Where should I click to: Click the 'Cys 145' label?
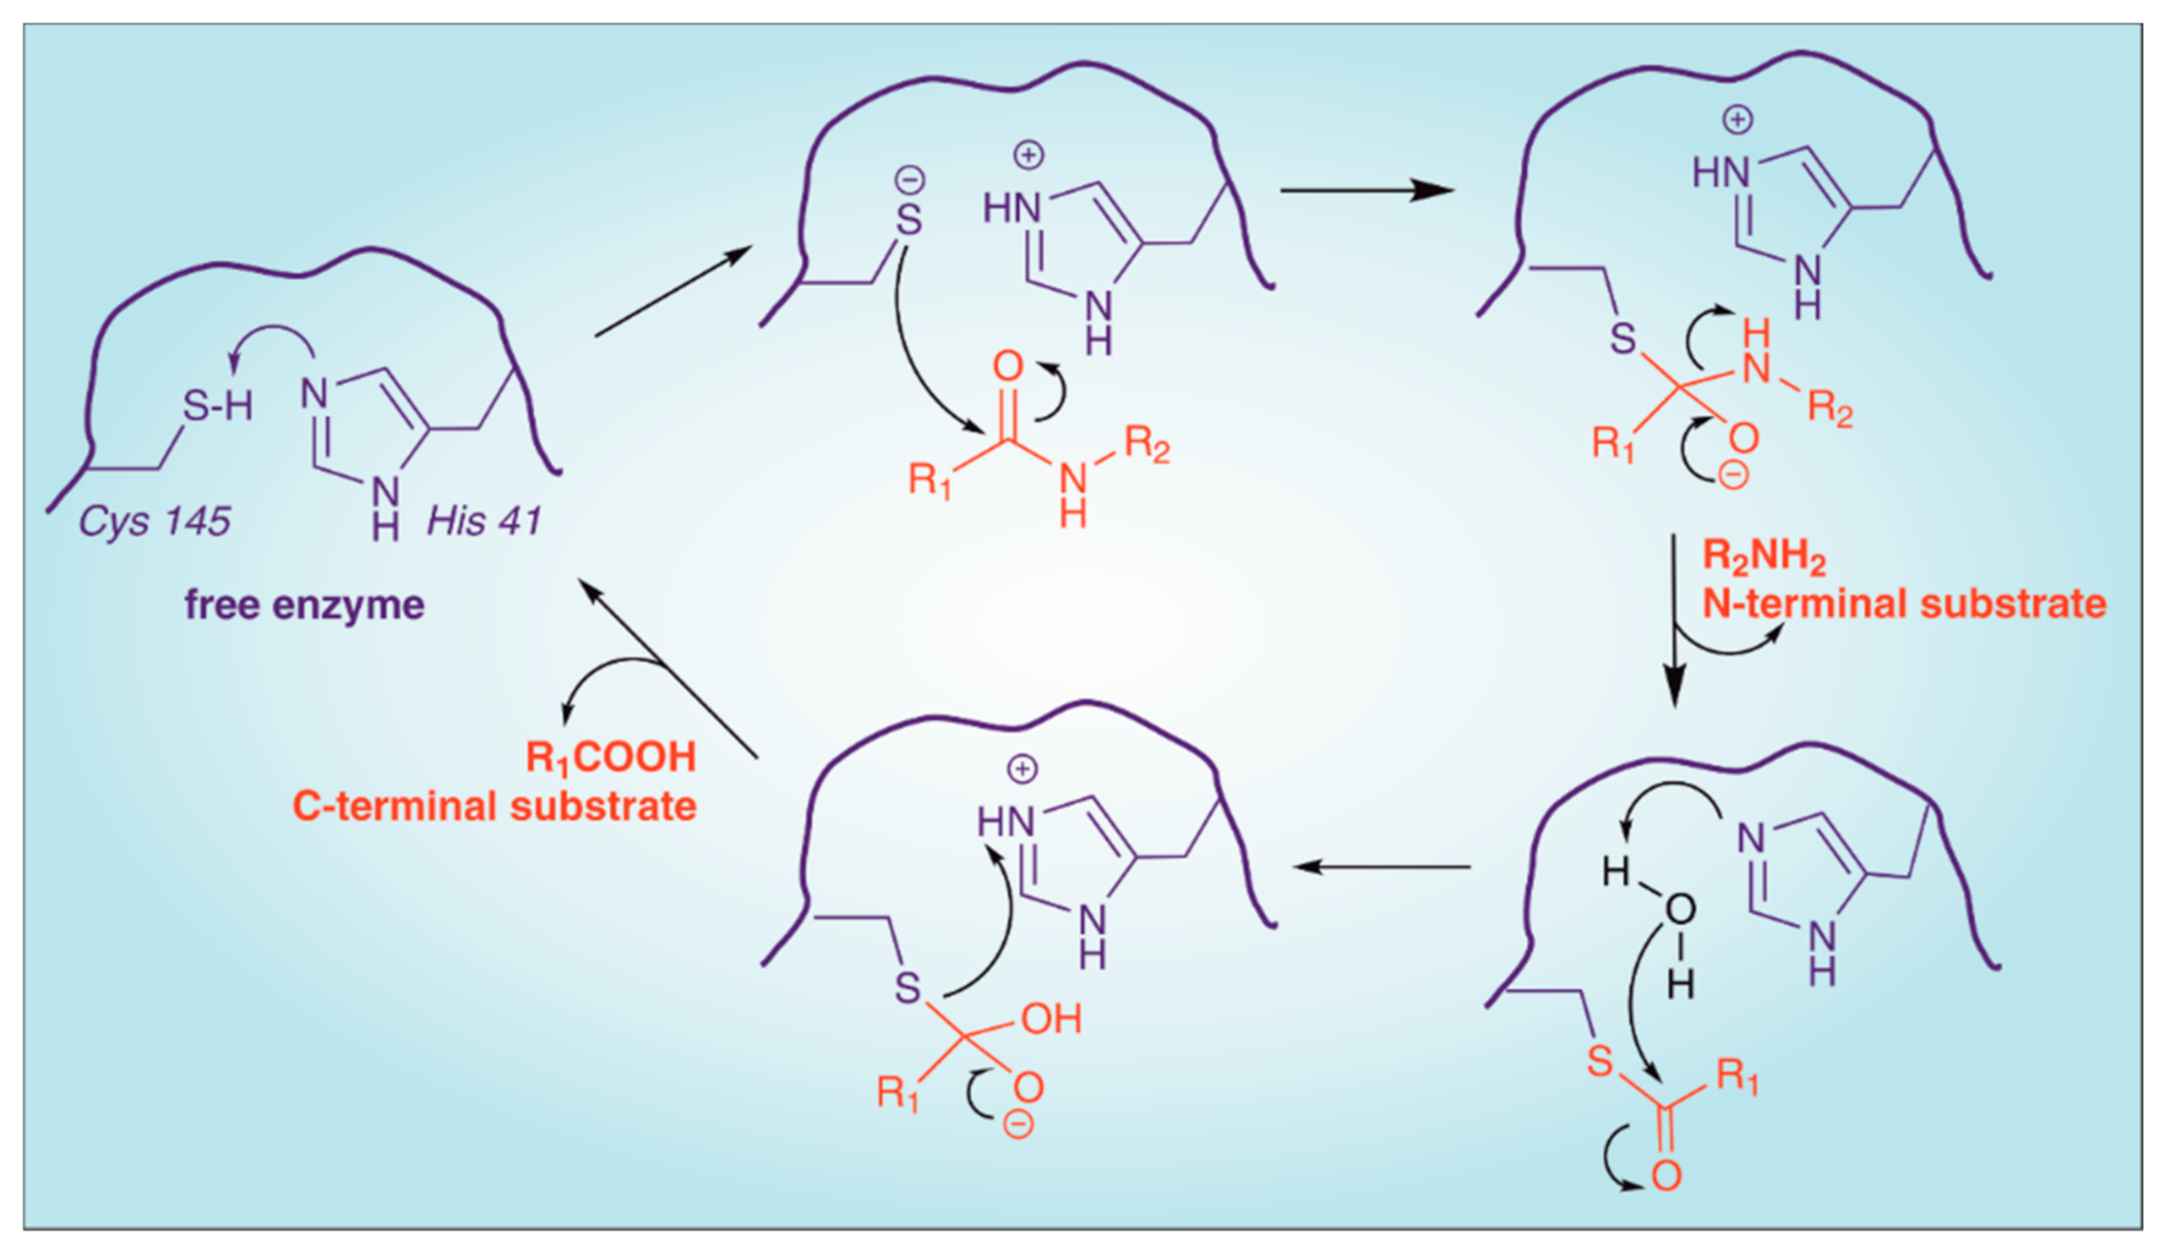(x=155, y=521)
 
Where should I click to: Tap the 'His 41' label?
(x=484, y=521)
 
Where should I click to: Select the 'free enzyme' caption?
(x=305, y=605)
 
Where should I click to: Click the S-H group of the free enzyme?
(x=217, y=406)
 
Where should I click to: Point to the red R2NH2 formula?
(x=1764, y=557)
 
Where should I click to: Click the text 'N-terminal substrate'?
(x=1904, y=603)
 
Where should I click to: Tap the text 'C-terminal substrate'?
(x=494, y=806)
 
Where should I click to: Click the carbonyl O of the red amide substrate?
(x=1008, y=367)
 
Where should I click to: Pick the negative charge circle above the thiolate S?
(x=909, y=180)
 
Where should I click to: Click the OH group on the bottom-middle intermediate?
(x=1051, y=1019)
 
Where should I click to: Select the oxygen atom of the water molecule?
(x=1680, y=909)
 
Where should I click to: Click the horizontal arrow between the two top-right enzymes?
(x=1366, y=191)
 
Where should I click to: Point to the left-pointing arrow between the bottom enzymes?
(x=1382, y=867)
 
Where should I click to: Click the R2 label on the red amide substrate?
(x=1147, y=444)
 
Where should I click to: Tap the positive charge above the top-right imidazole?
(x=1738, y=120)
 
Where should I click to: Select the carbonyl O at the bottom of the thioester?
(x=1666, y=1175)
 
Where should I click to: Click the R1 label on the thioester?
(x=1737, y=1075)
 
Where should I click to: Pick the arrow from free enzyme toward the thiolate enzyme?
(x=672, y=291)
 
